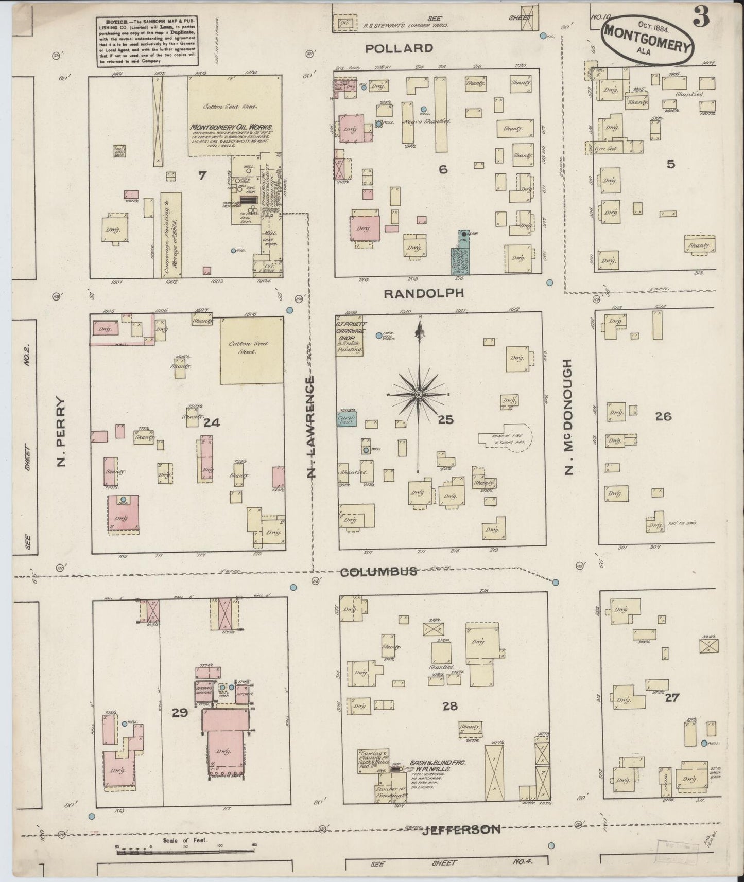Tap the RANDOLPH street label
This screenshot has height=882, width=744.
[x=424, y=293]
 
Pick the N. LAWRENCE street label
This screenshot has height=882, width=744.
[x=311, y=428]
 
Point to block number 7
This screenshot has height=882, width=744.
[x=202, y=176]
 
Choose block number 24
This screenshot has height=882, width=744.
[x=212, y=423]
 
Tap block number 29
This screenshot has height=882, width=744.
[x=180, y=713]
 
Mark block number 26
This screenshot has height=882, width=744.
[x=663, y=416]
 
